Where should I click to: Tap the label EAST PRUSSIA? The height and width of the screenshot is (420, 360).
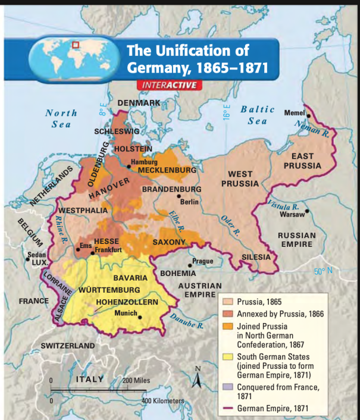(x=302, y=161)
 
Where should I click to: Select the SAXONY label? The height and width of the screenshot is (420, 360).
(x=169, y=242)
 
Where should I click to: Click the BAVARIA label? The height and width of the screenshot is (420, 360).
(x=130, y=278)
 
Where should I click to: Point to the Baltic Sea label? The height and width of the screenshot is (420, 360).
(x=257, y=115)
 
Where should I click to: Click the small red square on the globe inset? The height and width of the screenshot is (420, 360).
(x=76, y=43)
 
